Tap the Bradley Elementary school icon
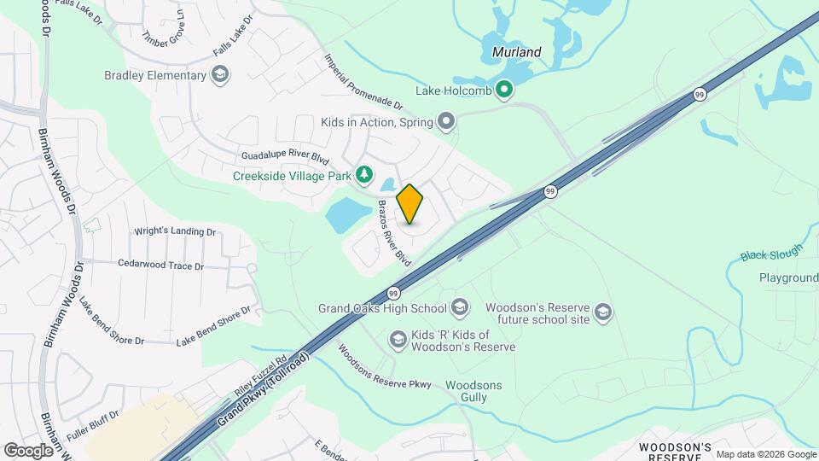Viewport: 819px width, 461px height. point(221,75)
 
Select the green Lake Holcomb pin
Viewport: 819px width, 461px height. point(504,89)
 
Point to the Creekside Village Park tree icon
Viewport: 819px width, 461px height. point(364,176)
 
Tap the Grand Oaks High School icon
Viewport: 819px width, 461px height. point(460,307)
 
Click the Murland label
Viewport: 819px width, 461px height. point(517,52)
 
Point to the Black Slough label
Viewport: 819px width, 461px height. point(771,253)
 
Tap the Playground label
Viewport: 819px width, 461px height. point(789,278)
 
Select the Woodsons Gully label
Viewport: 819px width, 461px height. point(473,391)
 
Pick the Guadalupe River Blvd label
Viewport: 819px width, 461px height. point(285,157)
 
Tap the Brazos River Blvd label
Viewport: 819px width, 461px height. point(394,233)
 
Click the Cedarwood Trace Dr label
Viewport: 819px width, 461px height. point(161,266)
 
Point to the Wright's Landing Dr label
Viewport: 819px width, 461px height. point(175,231)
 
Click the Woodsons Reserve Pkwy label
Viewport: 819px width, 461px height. point(384,366)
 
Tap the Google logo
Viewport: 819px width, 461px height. point(28,451)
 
